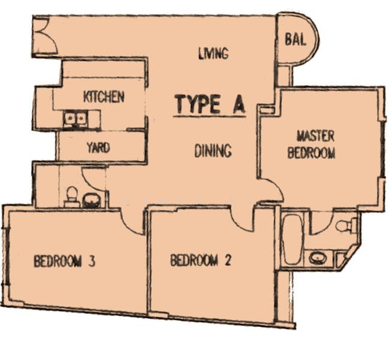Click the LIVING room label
point(213,53)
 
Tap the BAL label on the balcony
point(295,40)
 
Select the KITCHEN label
point(104,96)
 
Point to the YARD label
point(98,147)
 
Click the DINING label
point(213,150)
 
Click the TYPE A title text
point(209,104)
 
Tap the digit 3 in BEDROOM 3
point(92,261)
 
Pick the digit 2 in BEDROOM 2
point(227,260)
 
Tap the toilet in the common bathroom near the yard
point(72,196)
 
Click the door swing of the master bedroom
point(271,191)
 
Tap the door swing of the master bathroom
point(320,222)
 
